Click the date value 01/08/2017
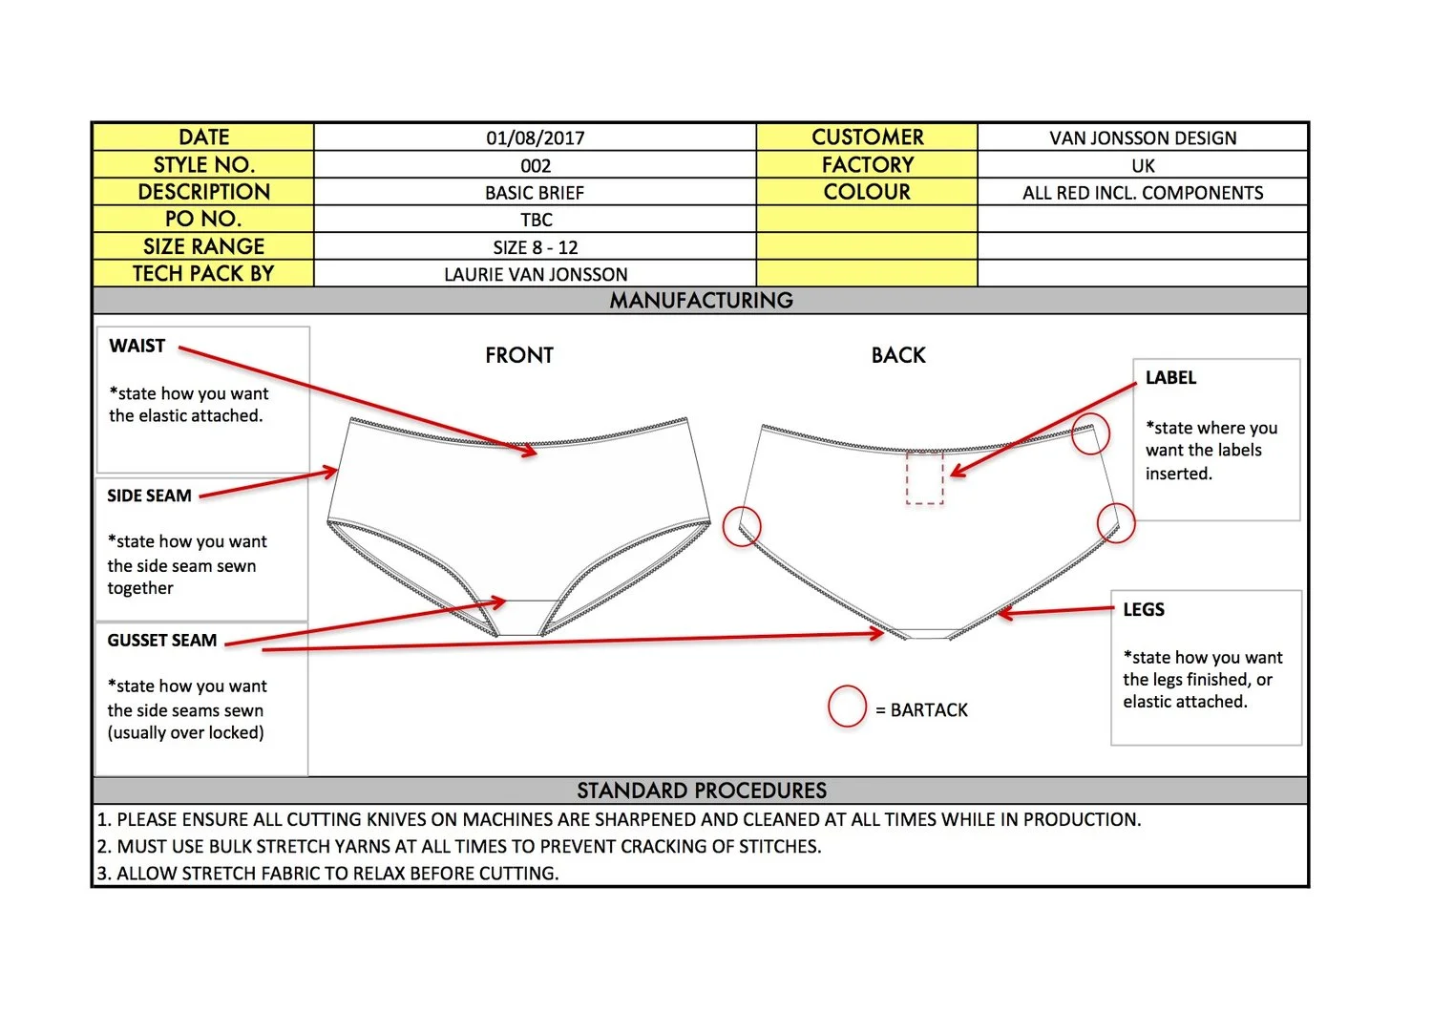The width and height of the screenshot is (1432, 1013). pos(535,137)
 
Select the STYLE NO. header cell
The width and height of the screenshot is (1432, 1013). pos(203,164)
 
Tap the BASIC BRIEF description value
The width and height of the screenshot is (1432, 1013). pos(535,192)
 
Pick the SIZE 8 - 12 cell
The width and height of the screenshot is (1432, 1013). pos(535,247)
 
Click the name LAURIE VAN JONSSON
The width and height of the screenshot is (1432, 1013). pos(535,274)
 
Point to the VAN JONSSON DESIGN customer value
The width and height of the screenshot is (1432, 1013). pos(1143,137)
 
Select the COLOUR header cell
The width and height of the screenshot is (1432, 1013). pos(867,192)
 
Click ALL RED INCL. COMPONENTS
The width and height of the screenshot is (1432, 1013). pos(1143,193)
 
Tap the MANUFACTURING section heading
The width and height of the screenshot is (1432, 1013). pos(701,301)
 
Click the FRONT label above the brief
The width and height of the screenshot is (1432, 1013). pos(518,355)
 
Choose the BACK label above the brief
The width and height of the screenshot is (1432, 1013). pos(898,355)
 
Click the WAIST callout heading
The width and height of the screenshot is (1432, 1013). pos(137,346)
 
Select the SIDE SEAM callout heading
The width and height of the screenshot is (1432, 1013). pos(149,496)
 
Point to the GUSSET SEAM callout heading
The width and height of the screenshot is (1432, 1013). pos(161,640)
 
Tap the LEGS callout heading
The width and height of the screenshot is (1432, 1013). pos(1143,609)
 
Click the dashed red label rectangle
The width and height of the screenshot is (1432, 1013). pos(924,477)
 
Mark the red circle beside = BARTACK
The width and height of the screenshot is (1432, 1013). pos(847,707)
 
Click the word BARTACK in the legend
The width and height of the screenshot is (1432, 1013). pos(929,710)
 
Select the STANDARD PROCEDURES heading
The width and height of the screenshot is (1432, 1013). pos(701,791)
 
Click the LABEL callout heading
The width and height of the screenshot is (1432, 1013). pos(1170,377)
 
